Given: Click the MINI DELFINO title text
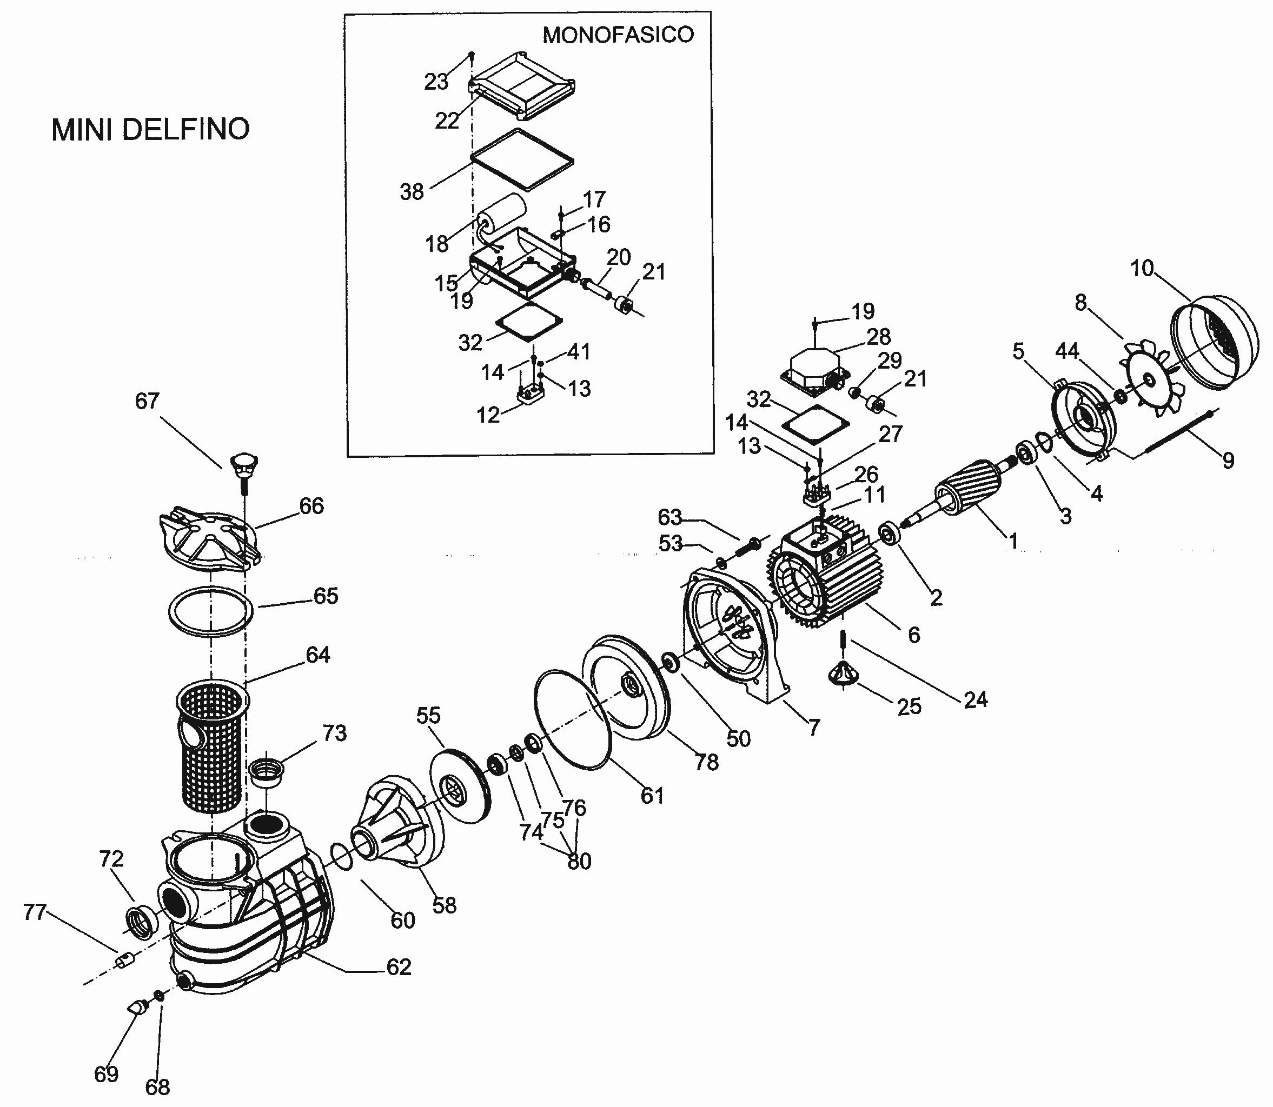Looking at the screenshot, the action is [x=151, y=130].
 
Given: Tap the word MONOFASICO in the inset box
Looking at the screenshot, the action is [x=618, y=35].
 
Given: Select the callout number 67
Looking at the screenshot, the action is [x=147, y=401].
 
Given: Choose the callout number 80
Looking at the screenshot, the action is [x=580, y=861].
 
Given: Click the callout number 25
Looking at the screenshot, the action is [x=909, y=705].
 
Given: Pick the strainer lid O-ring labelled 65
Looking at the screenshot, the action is [x=211, y=610].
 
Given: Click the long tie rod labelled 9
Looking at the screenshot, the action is [x=1178, y=432].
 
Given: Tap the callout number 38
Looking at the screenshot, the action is [x=412, y=191].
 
